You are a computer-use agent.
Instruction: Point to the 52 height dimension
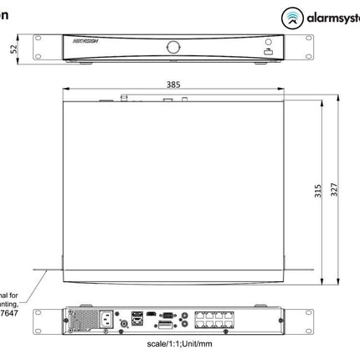(x=11, y=49)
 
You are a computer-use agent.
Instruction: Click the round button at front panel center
(x=173, y=47)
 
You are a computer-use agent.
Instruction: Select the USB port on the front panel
(x=268, y=52)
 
